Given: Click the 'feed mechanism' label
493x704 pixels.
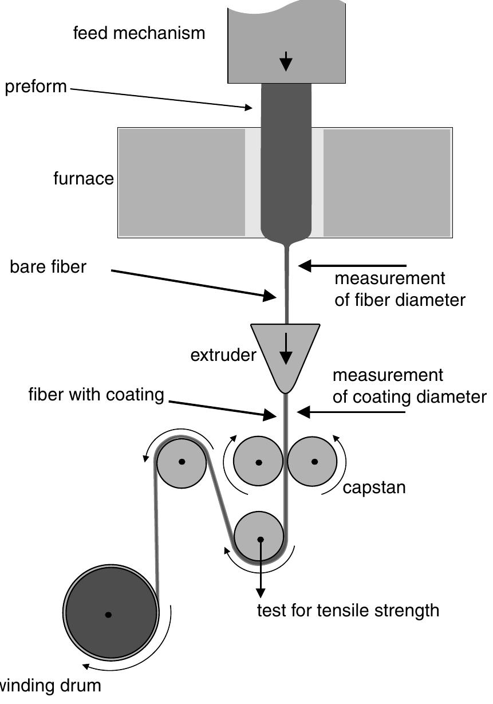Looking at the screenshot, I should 139,33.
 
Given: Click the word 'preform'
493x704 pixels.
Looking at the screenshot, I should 36,88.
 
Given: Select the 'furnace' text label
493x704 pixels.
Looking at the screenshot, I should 84,179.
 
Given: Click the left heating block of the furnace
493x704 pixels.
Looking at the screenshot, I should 182,182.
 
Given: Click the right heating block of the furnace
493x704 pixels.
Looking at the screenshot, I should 386,182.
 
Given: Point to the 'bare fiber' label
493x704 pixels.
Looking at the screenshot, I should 48,267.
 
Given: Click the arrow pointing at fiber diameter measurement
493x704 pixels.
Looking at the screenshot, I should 352,266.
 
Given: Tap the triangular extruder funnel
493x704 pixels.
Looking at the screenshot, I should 285,349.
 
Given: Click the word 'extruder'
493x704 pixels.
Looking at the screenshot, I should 223,355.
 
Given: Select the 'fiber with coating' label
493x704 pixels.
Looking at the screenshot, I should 96,395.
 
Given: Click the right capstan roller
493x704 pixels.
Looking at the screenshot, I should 312,461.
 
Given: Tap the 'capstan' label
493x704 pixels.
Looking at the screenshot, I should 374,487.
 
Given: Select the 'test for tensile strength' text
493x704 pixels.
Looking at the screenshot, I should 348,611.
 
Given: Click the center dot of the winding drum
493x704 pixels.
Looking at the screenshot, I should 108,615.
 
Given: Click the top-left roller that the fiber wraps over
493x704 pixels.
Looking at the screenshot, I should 182,462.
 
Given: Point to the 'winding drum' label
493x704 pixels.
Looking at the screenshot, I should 50,685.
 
